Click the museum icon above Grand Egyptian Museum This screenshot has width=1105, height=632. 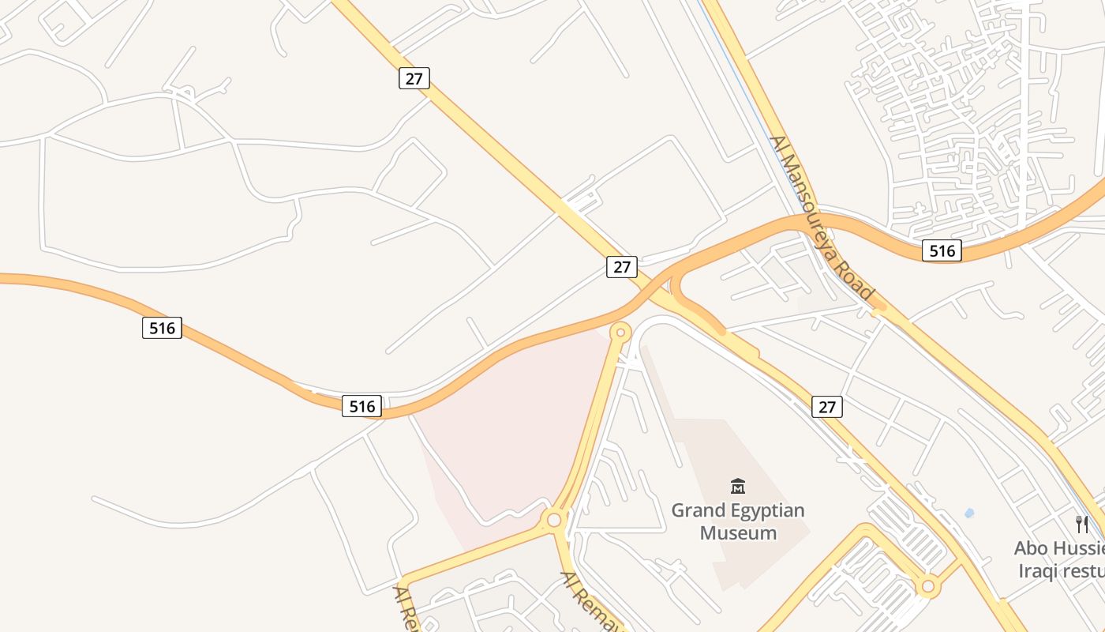tap(738, 486)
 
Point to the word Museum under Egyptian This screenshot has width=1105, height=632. tap(738, 533)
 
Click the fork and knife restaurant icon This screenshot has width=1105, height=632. tap(1082, 524)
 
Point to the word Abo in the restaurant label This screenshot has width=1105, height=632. tap(1032, 548)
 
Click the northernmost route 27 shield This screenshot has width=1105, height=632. tap(414, 78)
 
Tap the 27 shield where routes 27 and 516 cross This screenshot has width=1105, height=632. tap(622, 267)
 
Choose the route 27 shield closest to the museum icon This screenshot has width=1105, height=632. tap(826, 407)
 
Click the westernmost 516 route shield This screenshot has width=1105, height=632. tap(162, 327)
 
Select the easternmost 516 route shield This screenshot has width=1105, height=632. tap(942, 251)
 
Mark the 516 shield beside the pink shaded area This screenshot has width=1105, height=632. tap(361, 406)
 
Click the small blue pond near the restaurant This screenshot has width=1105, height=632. tap(969, 513)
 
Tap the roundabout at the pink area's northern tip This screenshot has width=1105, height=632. tap(620, 333)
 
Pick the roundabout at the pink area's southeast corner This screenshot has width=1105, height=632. tap(554, 520)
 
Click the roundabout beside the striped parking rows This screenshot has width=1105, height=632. tap(928, 586)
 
